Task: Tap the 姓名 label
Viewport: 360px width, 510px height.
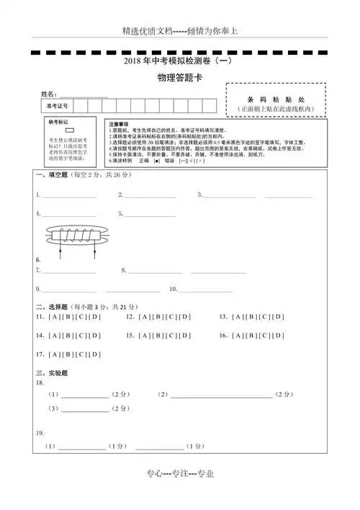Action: point(48,95)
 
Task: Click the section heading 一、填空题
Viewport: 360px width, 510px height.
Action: point(51,175)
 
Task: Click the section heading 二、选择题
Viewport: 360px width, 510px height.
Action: point(51,305)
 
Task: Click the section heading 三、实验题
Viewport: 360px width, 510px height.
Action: point(51,372)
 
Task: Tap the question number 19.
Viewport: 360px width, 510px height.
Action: point(40,432)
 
